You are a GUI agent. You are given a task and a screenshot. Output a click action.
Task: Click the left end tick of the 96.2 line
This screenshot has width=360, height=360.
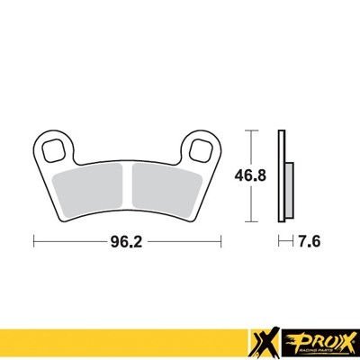(x=33, y=241)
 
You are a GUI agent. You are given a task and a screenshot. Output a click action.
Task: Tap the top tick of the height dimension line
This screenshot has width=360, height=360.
(x=251, y=131)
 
